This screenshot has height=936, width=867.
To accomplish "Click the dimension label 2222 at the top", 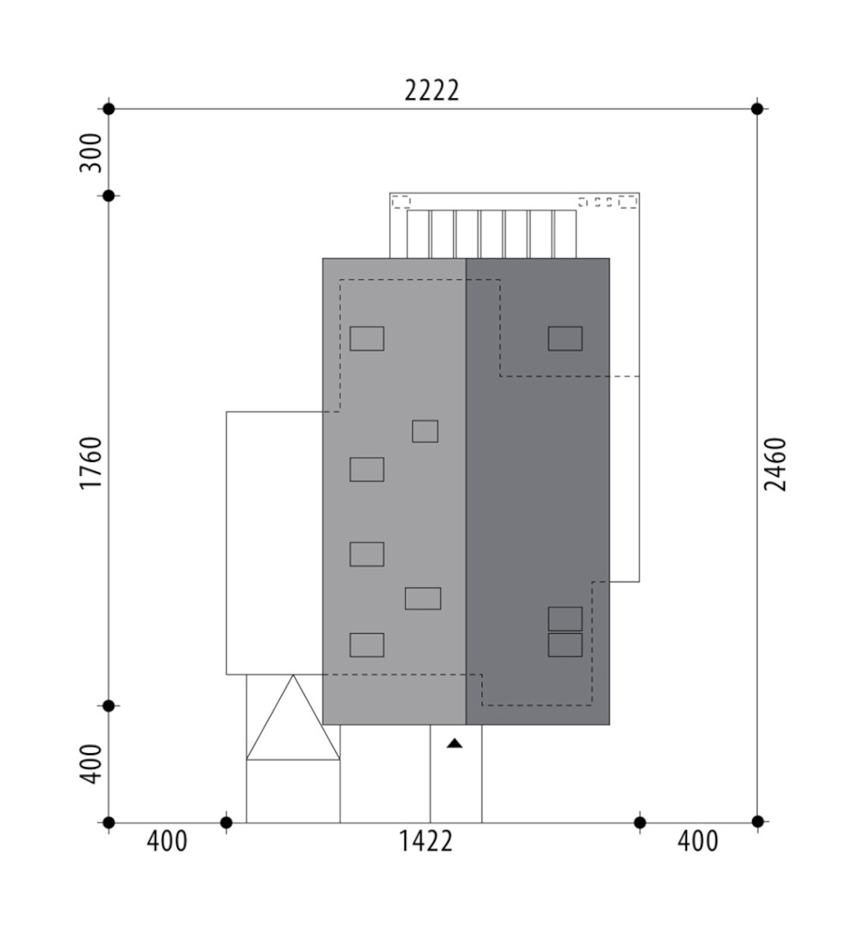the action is [432, 91].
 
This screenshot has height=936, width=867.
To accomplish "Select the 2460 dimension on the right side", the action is [776, 465].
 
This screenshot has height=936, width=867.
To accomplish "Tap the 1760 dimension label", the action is [91, 463].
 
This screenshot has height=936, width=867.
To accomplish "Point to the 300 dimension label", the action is [91, 152].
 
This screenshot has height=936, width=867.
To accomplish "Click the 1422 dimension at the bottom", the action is [425, 841].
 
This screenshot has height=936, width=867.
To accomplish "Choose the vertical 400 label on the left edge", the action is [91, 764].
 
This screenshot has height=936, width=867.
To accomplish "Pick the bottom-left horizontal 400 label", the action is [167, 841].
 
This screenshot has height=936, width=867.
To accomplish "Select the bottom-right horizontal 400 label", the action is [698, 841].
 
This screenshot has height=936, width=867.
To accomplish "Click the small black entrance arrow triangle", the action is [455, 743].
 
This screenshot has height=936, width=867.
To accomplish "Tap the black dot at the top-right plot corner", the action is [757, 108].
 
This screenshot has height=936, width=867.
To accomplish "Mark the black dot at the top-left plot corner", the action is [108, 108].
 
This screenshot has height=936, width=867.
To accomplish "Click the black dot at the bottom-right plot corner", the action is [758, 822].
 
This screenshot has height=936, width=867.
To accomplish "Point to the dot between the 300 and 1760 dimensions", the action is [108, 196].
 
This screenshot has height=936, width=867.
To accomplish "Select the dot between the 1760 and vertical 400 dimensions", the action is [108, 705].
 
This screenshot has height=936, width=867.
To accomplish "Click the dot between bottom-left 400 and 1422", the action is [226, 823].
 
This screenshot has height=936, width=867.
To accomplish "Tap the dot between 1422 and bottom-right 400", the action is [640, 823].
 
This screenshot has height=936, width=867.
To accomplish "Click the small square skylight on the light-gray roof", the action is [425, 431].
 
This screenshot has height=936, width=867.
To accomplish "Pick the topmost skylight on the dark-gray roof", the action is [565, 338].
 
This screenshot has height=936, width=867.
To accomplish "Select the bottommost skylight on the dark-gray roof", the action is [565, 645].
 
